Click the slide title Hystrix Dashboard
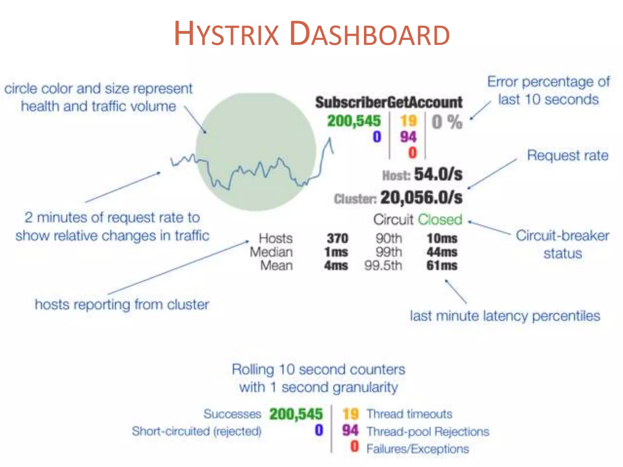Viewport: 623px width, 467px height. click(x=311, y=33)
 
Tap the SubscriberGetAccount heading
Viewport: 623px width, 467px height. click(x=389, y=102)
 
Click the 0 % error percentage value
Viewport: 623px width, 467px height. click(x=447, y=122)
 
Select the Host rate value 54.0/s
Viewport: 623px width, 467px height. click(x=438, y=175)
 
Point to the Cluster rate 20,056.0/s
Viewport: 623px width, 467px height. click(x=421, y=198)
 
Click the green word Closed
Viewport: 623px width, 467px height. click(x=440, y=220)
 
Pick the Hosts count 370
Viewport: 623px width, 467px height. click(x=337, y=238)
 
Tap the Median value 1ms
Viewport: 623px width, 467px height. click(x=336, y=252)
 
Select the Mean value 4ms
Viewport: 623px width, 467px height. click(x=336, y=266)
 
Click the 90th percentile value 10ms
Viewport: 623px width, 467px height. click(x=442, y=238)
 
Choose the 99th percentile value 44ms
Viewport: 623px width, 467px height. click(x=442, y=252)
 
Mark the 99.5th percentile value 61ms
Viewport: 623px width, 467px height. click(x=442, y=266)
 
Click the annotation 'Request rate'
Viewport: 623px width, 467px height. click(x=568, y=155)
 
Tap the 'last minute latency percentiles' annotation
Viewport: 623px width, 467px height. click(x=505, y=316)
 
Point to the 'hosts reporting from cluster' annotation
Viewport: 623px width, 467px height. click(x=122, y=304)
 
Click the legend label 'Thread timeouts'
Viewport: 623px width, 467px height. click(x=409, y=414)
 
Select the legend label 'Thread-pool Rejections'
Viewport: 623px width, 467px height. click(x=428, y=431)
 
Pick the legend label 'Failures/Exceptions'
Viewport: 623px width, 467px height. click(x=418, y=449)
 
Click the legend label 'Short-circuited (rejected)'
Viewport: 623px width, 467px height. click(x=197, y=431)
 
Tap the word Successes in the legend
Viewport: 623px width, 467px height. click(x=232, y=414)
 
